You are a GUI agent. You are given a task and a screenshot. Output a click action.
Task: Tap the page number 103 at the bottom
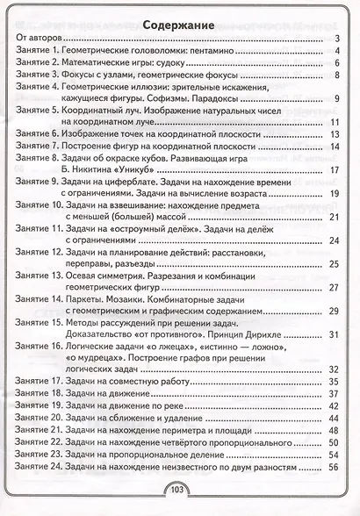pyautogui.click(x=178, y=490)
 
